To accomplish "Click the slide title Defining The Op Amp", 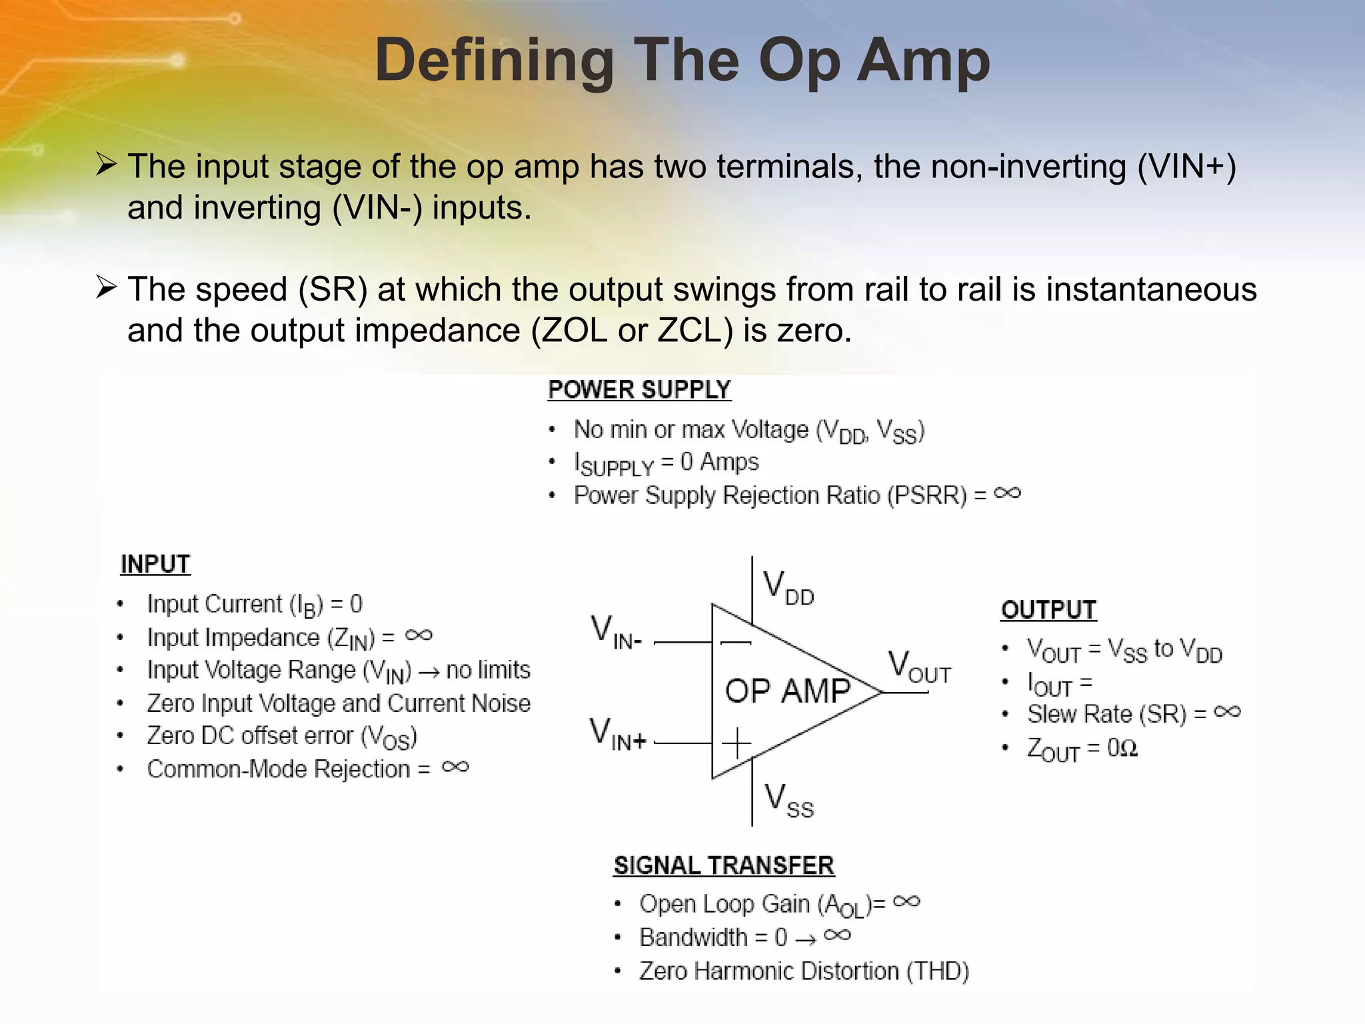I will [682, 60].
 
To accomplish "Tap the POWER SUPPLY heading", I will [639, 390].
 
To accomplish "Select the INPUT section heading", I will [155, 565].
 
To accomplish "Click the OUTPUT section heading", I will [1048, 610].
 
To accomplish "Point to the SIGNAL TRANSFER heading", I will [724, 866].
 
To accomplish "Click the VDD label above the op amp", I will [788, 587].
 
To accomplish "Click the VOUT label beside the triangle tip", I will [919, 667].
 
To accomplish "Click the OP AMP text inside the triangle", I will [788, 691].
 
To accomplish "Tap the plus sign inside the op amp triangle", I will [736, 743].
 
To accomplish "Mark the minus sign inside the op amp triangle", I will [736, 643].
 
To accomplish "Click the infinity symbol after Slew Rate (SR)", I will [1227, 712].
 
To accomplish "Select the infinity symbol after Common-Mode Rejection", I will [455, 767].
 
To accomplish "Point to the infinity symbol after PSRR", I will [1007, 493].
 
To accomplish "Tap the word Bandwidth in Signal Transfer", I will [693, 938].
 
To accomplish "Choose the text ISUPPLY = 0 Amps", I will [666, 463].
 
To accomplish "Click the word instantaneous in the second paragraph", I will [1151, 290].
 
